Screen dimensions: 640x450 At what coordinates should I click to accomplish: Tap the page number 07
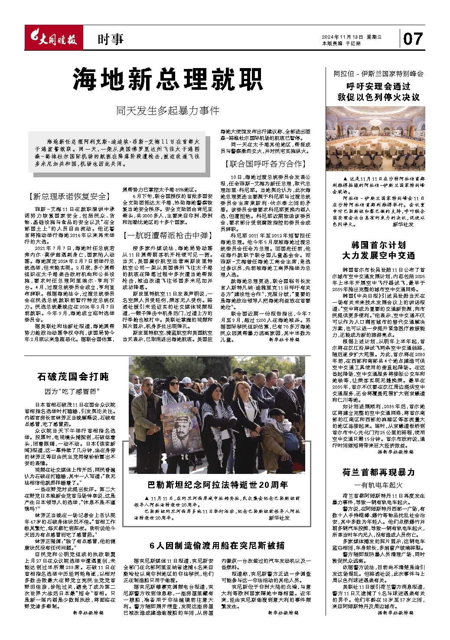412,39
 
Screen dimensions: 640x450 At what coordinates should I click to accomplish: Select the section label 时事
110,40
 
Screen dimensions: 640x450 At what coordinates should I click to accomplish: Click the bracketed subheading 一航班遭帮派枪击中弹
167,235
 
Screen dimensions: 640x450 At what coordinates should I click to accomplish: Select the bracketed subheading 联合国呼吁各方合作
265,164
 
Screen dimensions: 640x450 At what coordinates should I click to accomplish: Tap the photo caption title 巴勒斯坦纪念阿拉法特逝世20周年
217,485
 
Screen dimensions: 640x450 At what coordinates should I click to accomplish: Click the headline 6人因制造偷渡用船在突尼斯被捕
217,545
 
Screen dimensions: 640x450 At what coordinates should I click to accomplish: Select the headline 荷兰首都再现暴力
378,472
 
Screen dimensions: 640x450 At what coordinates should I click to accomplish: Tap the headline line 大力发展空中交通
378,255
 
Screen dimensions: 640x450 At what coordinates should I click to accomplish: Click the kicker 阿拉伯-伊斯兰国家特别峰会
378,74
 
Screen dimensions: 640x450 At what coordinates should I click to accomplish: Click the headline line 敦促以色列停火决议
378,97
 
